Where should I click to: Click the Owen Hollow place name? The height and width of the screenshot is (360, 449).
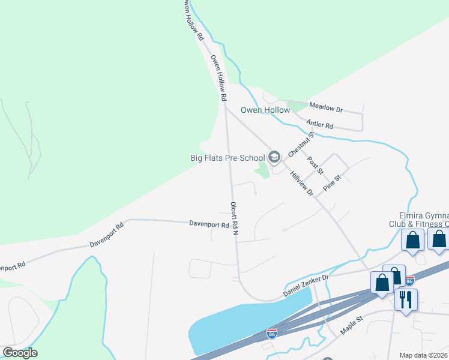click(265, 110)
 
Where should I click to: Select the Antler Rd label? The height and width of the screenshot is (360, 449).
click(319, 125)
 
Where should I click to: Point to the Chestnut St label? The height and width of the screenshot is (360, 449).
click(301, 145)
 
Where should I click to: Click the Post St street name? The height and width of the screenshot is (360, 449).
click(315, 166)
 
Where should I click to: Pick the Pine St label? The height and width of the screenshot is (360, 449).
click(332, 182)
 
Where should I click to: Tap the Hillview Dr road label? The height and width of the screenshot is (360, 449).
click(302, 183)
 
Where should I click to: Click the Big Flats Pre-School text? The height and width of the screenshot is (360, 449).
click(228, 158)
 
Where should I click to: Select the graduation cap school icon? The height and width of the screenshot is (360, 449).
click(274, 157)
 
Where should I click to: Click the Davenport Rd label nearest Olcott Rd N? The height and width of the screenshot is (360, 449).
click(209, 225)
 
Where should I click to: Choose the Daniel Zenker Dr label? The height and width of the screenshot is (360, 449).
click(306, 286)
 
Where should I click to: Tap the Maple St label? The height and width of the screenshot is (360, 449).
click(352, 327)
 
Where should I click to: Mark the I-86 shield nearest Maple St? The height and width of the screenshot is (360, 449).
click(272, 333)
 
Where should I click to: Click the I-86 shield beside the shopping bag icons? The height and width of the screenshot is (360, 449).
click(409, 280)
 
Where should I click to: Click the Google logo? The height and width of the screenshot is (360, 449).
click(19, 353)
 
